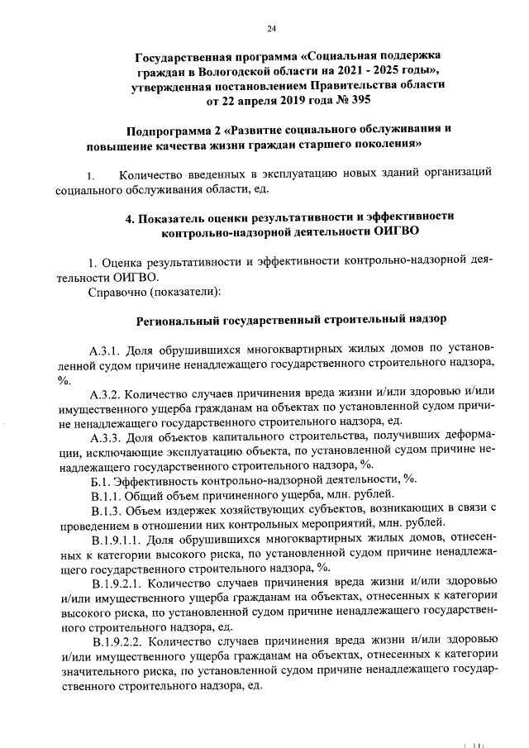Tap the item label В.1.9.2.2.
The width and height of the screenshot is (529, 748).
[x=119, y=641]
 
